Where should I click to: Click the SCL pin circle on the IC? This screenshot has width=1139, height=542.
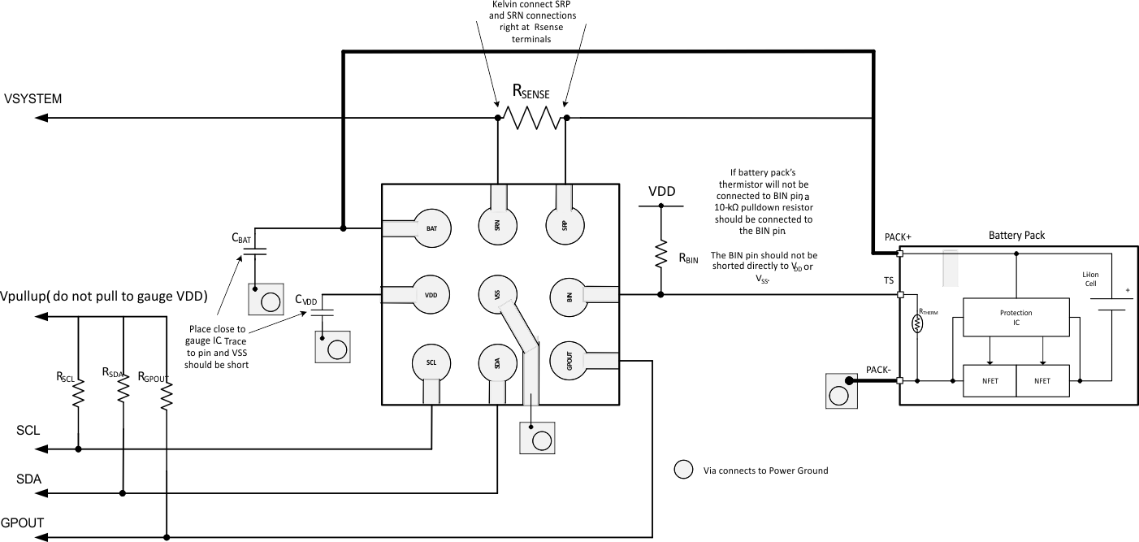(x=431, y=363)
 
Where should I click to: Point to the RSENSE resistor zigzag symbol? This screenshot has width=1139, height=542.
(x=531, y=118)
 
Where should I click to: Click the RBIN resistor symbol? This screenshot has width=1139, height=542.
(x=660, y=253)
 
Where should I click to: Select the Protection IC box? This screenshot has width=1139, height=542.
(x=1016, y=318)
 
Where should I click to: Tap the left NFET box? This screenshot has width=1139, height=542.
(x=989, y=380)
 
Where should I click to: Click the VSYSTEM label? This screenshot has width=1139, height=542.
(x=33, y=99)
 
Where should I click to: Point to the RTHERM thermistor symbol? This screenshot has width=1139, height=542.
(x=918, y=323)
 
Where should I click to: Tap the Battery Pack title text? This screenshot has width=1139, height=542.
(x=1016, y=236)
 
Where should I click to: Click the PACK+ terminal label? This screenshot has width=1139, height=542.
(x=898, y=237)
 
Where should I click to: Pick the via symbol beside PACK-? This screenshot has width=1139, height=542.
(x=840, y=392)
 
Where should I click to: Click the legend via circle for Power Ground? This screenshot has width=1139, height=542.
(x=684, y=470)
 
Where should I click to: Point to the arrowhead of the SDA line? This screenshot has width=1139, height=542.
(x=41, y=492)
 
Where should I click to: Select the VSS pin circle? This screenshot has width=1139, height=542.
(x=497, y=295)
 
